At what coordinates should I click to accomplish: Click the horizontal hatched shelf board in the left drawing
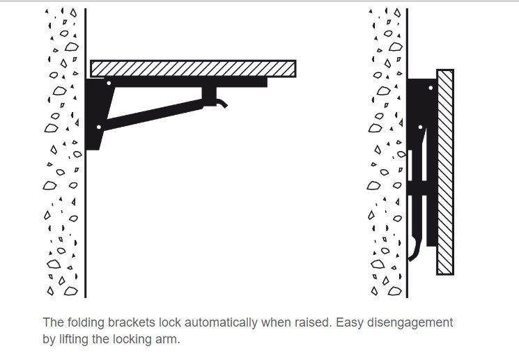tap(193, 68)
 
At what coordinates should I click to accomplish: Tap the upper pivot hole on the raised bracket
tap(108, 84)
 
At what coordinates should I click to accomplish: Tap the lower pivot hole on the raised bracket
tap(99, 127)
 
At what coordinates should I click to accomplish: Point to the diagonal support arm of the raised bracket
tap(153, 115)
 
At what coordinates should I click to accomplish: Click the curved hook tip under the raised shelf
tap(222, 104)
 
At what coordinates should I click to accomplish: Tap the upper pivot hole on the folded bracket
tap(431, 88)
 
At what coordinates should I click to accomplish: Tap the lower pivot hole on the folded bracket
tap(421, 127)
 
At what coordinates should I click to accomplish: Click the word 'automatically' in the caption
tap(214, 322)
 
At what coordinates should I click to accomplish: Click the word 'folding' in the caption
tap(84, 322)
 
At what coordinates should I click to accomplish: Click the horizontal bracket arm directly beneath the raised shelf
tap(188, 82)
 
